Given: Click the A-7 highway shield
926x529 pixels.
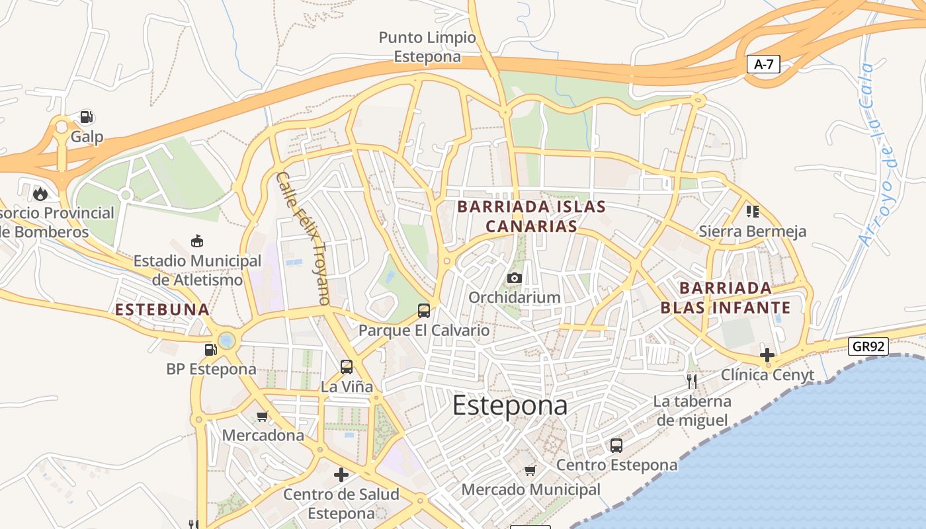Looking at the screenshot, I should (764, 64).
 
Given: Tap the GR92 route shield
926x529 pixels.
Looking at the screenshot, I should (868, 346).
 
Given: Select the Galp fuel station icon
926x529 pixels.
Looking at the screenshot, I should (86, 117).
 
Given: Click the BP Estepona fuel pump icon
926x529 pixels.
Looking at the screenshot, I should (210, 349).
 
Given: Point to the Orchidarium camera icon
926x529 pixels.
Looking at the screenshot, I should (515, 278).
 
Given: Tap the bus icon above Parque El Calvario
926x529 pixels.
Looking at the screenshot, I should (424, 310).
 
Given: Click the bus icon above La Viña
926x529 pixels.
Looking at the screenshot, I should (346, 366).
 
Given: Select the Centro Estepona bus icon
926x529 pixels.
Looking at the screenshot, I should (616, 445).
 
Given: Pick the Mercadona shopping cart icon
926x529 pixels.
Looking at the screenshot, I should (263, 417).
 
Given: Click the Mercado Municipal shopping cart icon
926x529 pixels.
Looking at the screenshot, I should (530, 470).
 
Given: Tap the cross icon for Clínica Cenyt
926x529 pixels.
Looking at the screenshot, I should (767, 356).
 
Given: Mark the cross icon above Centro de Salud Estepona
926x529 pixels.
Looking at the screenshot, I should (341, 475).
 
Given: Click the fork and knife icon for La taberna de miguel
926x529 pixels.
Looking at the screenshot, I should (692, 381).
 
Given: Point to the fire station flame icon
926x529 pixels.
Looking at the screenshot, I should (40, 194).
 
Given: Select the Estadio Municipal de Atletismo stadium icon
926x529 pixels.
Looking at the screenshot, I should (196, 241).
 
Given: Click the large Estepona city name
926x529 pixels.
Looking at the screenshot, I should (510, 406).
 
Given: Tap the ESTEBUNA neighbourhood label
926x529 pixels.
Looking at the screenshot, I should (162, 309).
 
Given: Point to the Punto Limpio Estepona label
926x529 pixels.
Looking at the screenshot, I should (427, 47).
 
